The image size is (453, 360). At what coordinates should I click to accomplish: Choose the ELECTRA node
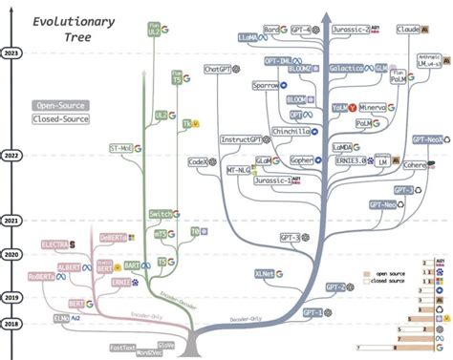[54, 245]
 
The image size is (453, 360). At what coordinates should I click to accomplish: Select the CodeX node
[199, 162]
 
